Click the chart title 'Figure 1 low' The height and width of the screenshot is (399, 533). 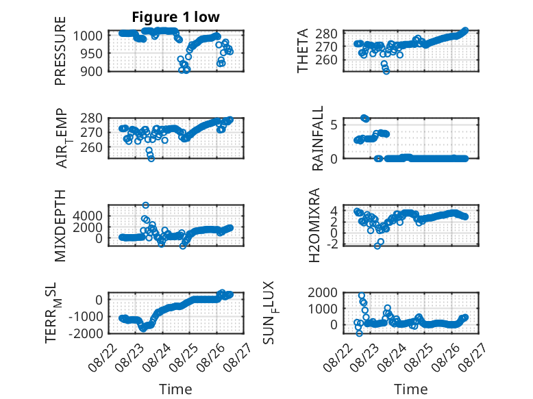click(176, 17)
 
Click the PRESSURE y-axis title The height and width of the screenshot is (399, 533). click(60, 51)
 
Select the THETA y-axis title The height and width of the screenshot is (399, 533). click(302, 51)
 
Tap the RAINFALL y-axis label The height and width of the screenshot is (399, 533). click(317, 138)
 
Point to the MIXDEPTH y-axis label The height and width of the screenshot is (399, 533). click(60, 226)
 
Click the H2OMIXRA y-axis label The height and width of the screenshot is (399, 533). click(314, 225)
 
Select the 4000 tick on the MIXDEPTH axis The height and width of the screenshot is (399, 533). click(88, 216)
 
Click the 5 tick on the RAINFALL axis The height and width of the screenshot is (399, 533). click(334, 125)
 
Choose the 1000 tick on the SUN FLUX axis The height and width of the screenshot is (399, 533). click(323, 309)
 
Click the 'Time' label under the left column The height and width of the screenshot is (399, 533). click(176, 389)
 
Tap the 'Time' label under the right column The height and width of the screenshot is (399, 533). click(410, 389)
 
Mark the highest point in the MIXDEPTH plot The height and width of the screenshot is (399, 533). click(145, 205)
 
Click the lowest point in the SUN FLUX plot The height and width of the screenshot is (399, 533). click(359, 333)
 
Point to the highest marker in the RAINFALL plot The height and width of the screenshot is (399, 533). click(364, 118)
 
